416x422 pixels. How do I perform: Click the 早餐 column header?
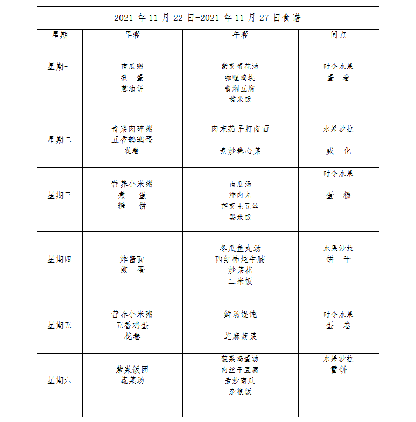pos(132,35)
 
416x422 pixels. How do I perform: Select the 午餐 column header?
pos(240,35)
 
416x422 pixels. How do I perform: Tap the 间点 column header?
pos(339,35)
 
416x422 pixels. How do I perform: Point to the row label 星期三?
pos(59,195)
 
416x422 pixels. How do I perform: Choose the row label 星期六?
pos(59,381)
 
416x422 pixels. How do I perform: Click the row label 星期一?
pos(59,67)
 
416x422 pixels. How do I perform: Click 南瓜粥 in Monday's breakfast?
pos(132,67)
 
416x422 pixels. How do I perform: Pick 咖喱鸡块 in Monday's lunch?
pos(240,78)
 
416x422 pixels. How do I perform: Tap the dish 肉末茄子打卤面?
pos(240,129)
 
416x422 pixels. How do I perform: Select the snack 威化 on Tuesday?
pos(339,151)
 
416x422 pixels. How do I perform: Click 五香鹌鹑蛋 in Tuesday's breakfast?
pos(132,140)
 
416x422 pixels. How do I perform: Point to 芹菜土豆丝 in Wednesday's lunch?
pos(240,206)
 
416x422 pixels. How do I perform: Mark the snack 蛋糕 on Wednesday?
pos(339,195)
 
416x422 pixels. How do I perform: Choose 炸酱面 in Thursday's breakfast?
pos(132,259)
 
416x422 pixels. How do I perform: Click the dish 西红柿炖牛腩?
pos(240,259)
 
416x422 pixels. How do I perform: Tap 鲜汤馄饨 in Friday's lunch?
pos(240,314)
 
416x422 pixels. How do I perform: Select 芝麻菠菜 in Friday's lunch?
pos(240,336)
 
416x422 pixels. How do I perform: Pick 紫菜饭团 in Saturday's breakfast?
pos(132,370)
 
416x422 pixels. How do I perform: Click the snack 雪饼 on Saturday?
pos(339,370)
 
